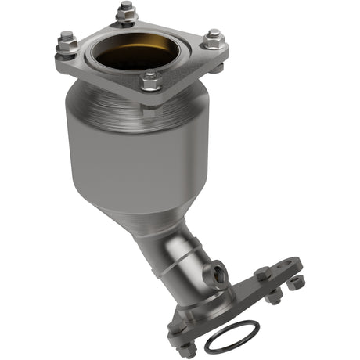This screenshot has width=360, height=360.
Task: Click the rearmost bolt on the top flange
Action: [125, 10]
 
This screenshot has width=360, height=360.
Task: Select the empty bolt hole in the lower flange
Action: [288, 265]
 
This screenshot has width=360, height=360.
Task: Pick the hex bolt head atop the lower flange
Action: [263, 273]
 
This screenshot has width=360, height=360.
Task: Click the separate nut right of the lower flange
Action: [297, 283]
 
